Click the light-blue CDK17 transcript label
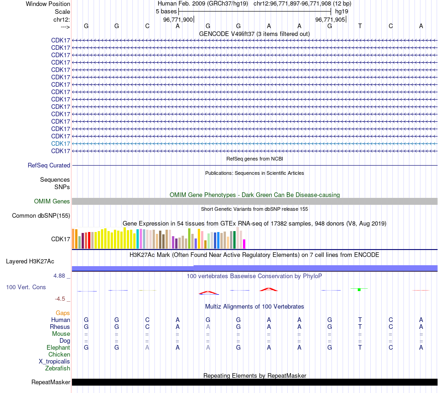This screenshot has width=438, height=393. click(x=61, y=143)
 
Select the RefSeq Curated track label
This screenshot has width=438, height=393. click(x=49, y=165)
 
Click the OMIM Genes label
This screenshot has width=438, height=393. click(x=52, y=201)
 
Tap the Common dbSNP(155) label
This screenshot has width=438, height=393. click(x=41, y=215)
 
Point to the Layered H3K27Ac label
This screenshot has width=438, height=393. click(x=30, y=261)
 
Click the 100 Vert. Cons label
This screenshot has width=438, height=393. click(x=26, y=287)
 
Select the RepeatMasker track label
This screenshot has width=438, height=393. click(x=51, y=382)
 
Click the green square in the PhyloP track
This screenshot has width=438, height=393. click(x=359, y=290)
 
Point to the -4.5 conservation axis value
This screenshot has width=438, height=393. click(x=63, y=298)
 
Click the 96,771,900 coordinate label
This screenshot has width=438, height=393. click(x=178, y=20)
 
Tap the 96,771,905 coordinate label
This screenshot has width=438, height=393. click(x=330, y=20)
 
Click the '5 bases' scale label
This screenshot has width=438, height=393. click(x=166, y=11)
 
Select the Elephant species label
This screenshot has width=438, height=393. click(x=58, y=347)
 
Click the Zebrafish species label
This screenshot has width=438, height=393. click(x=58, y=368)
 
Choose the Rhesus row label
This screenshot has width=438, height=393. click(x=60, y=327)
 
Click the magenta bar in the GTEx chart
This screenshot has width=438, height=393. click(x=244, y=244)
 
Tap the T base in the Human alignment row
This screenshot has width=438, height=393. click(x=360, y=320)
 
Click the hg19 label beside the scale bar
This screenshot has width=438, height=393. click(x=342, y=11)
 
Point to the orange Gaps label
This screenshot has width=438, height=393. click(x=63, y=313)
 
